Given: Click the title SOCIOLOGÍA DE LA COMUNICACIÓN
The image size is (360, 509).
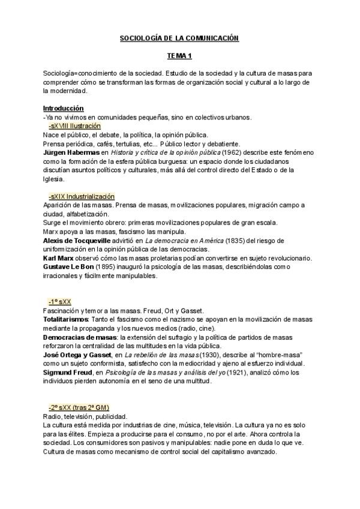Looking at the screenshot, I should tap(179, 38).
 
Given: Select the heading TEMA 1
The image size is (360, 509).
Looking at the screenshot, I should tap(179, 55).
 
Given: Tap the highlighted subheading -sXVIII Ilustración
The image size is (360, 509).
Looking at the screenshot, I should tap(74, 126).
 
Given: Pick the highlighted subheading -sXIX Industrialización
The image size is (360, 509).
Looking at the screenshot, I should tap(82, 197).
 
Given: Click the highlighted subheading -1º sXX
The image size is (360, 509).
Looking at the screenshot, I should tap(61, 301).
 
